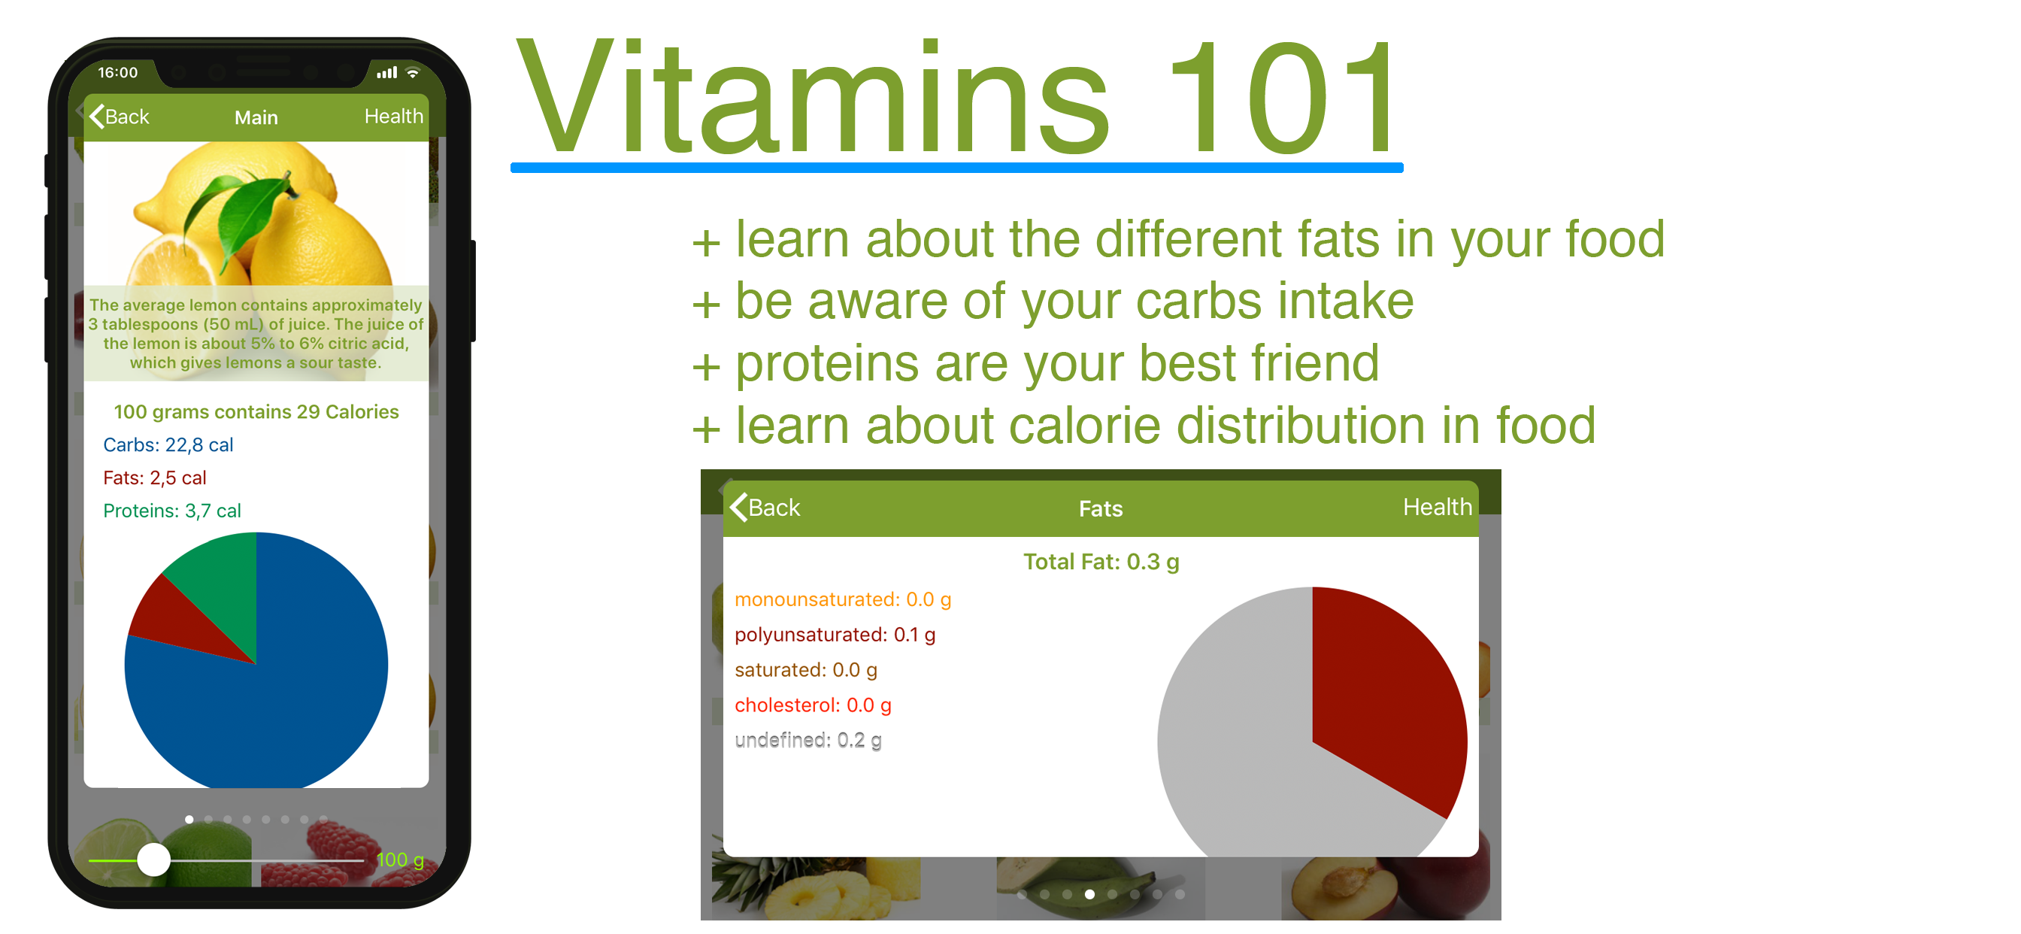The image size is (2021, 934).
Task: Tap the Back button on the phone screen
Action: (120, 116)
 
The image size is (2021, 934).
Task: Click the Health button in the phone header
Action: (394, 116)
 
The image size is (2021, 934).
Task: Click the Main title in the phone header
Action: (256, 118)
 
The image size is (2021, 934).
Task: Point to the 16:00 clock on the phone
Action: (118, 72)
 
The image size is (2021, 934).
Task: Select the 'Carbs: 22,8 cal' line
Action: (168, 445)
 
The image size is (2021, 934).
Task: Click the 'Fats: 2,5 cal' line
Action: (155, 478)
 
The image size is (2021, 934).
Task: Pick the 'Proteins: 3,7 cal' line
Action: (172, 511)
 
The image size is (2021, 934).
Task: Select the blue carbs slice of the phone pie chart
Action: (290, 690)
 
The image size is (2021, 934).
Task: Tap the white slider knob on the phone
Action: (154, 860)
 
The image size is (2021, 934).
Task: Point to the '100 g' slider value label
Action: (400, 860)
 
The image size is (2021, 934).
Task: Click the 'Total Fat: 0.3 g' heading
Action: (1101, 562)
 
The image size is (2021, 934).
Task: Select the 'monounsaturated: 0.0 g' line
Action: (843, 599)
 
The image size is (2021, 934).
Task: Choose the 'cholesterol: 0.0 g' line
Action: (813, 705)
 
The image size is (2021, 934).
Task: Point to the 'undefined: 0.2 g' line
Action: (808, 740)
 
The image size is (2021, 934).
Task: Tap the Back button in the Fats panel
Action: (765, 507)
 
